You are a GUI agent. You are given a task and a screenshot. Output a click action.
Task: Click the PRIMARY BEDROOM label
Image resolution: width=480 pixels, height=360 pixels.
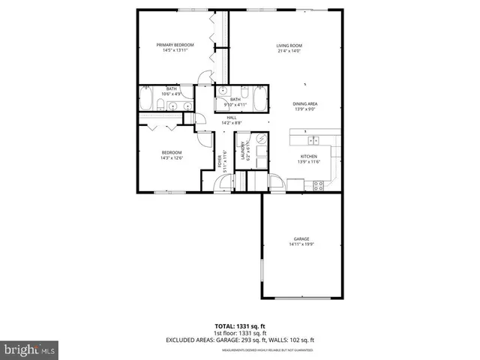(175, 45)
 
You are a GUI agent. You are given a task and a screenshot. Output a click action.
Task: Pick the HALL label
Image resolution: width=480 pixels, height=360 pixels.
(232, 118)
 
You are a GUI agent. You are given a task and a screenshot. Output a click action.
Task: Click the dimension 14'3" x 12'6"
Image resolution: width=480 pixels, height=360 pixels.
(172, 158)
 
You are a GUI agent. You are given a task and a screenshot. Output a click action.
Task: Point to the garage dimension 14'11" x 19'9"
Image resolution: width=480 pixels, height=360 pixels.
(301, 244)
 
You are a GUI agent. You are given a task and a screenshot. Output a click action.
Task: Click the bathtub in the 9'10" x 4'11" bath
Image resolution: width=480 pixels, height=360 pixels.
(260, 98)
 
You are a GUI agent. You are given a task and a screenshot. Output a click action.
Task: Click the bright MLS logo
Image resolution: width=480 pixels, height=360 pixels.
(30, 349)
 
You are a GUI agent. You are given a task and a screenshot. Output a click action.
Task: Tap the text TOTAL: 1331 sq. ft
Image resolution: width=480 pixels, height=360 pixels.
(239, 327)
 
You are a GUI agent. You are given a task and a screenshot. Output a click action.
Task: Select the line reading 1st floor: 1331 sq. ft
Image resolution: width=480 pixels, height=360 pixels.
(239, 334)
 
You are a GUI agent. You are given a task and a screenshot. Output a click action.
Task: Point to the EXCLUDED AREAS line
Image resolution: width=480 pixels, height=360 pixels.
(239, 340)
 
